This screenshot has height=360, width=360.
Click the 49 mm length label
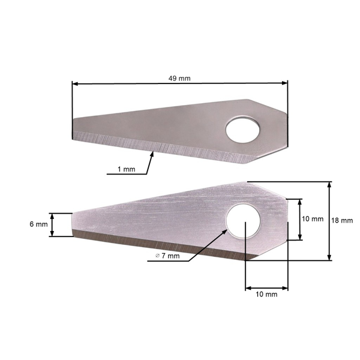(x=179, y=79)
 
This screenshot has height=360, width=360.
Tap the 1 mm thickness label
(x=126, y=169)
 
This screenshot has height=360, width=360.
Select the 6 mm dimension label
(x=38, y=224)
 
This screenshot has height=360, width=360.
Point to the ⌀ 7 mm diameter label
(x=167, y=256)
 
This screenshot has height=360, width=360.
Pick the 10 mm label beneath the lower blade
(x=266, y=295)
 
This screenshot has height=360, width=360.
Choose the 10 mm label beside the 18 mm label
(x=312, y=219)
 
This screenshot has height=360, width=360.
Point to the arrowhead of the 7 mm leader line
(x=225, y=230)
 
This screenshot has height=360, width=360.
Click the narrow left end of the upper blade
(x=75, y=129)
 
